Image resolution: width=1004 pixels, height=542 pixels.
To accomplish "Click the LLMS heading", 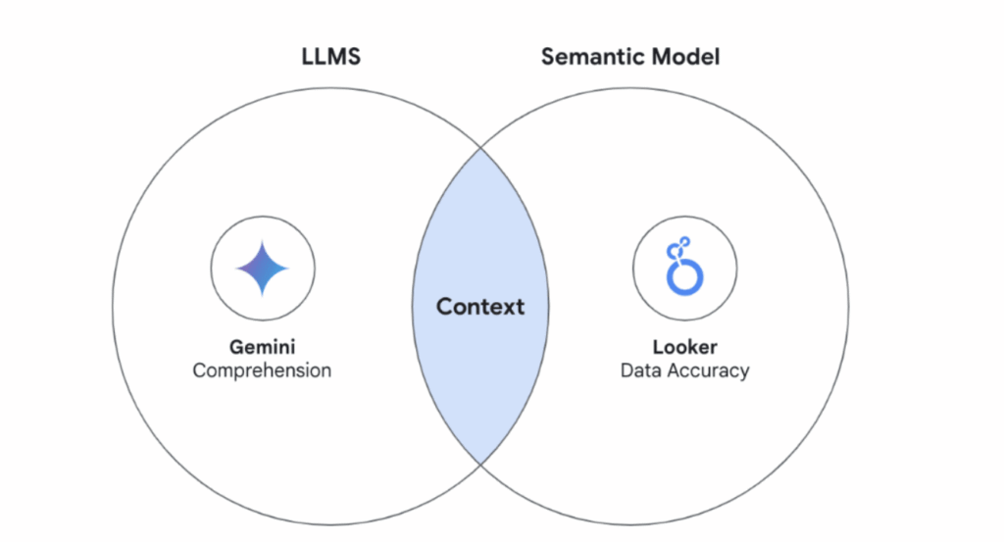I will (x=330, y=57).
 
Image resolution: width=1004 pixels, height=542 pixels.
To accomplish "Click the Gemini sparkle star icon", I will (x=263, y=267).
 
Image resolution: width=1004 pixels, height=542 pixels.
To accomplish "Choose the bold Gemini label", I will (x=262, y=348).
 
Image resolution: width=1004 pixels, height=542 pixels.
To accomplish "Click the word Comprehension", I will (x=262, y=370).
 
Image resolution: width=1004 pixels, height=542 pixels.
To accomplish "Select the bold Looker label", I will (x=684, y=348).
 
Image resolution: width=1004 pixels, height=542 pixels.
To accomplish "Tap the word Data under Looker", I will (x=640, y=370).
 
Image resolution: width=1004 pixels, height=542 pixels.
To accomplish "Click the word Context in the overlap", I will (x=480, y=307).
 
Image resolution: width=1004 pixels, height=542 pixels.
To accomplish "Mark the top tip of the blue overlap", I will (x=480, y=150).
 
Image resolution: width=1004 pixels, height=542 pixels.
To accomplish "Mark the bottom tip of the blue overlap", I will (x=480, y=463).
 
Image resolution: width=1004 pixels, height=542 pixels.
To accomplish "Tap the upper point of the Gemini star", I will (x=263, y=241).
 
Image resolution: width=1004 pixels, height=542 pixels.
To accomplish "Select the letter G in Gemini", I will (x=235, y=348).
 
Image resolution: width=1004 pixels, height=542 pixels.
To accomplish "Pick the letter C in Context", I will (x=444, y=307).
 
